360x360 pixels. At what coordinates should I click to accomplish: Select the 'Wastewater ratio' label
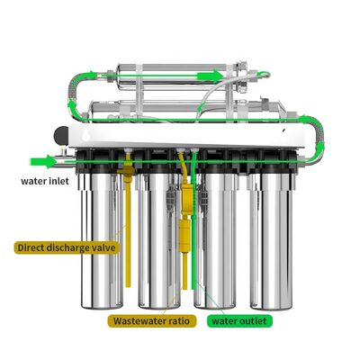click(152, 319)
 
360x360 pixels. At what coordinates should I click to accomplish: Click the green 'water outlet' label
click(241, 319)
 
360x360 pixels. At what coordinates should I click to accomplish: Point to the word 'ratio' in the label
click(177, 319)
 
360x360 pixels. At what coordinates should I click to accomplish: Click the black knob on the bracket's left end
click(58, 133)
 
